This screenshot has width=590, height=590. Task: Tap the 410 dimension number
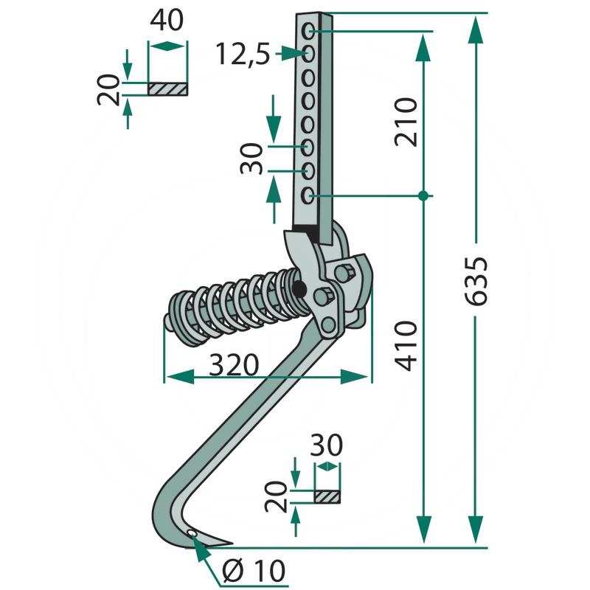(x=406, y=346)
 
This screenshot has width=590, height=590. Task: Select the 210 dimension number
(x=406, y=122)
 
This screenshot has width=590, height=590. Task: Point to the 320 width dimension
(x=234, y=365)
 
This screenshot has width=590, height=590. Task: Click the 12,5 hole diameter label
(x=243, y=54)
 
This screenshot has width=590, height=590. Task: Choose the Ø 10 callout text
(x=254, y=571)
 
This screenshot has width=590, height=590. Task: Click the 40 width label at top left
(x=167, y=21)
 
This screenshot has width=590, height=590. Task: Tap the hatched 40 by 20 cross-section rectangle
(x=167, y=89)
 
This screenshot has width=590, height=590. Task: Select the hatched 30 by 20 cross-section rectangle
(x=327, y=496)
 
